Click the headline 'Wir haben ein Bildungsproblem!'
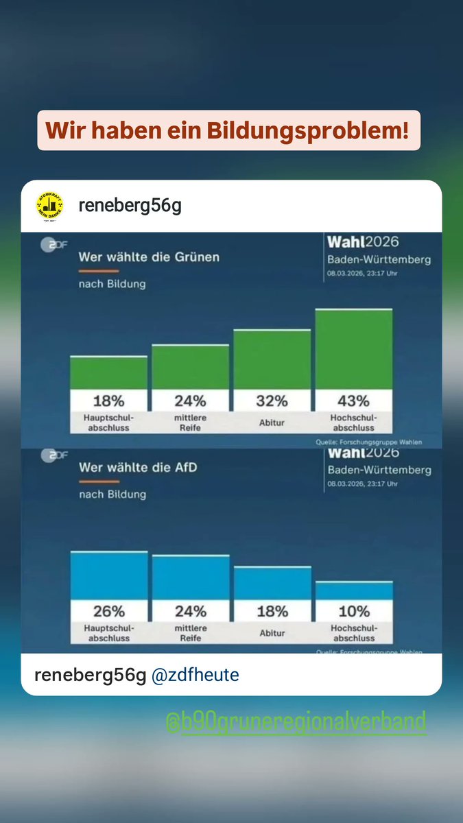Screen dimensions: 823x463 228,130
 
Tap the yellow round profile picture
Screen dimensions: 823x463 49,206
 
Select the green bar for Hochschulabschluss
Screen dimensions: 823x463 353,349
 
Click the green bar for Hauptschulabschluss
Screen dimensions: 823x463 108,372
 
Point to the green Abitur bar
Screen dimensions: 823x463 272,359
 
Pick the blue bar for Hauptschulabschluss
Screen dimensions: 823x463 108,575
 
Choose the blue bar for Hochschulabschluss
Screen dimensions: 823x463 353,591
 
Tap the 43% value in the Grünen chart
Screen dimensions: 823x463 353,401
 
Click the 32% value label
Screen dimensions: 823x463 272,401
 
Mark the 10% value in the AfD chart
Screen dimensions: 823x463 353,611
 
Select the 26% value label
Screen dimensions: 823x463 108,611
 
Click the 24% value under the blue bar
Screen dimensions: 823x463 190,611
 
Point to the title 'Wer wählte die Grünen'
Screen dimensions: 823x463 149,257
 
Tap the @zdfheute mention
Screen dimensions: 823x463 195,676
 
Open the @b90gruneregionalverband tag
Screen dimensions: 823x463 296,721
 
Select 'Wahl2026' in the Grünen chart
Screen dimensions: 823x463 363,242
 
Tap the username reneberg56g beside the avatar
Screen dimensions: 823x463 130,206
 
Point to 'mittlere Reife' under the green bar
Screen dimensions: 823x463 190,422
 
